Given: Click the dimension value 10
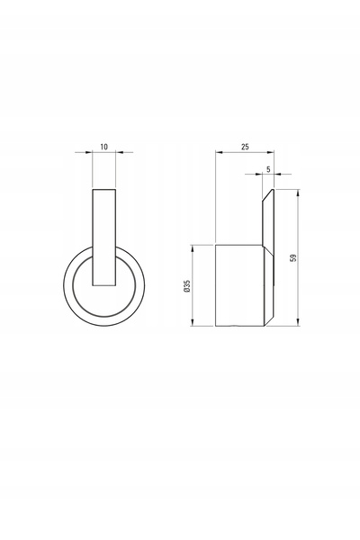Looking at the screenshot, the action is [x=103, y=147].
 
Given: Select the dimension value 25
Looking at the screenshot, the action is [x=245, y=147].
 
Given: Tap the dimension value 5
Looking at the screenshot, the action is [x=268, y=169].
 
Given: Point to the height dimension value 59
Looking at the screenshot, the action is [x=293, y=257].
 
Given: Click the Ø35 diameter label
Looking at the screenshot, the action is [x=187, y=286].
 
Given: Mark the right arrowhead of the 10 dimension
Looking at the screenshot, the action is [x=119, y=152].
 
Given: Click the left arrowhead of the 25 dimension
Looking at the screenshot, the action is [x=220, y=151].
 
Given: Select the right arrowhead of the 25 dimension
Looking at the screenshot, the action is [x=270, y=151].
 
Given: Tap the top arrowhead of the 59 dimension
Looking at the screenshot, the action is [x=298, y=193].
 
